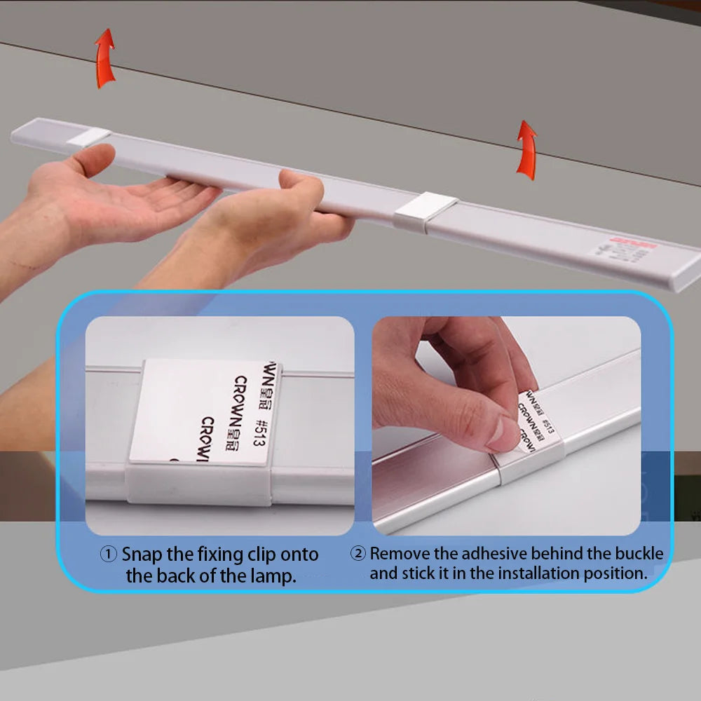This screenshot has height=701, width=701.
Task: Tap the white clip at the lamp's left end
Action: (90, 137)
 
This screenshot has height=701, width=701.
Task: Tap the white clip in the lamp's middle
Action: (425, 211)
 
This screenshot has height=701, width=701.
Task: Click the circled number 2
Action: (358, 553)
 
